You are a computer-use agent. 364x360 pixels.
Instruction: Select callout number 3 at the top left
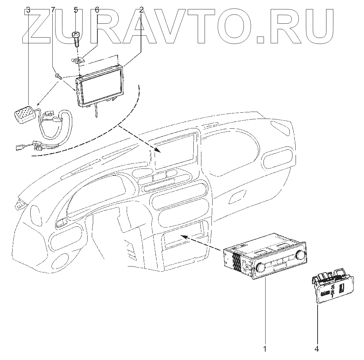28,10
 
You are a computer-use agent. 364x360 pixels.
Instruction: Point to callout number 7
53,10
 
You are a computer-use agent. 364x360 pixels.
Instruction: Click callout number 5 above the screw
76,10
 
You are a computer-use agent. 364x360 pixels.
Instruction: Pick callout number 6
97,10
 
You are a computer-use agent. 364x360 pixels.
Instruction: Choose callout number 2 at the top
141,10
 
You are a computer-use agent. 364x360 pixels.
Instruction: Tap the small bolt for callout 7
59,76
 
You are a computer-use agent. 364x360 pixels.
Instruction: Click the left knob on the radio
260,268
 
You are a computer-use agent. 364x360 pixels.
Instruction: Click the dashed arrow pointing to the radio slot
202,242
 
